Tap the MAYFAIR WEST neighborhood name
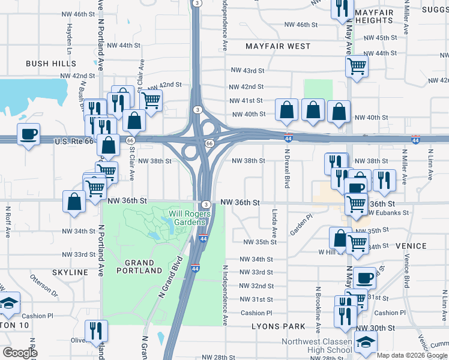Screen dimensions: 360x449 pyautogui.click(x=279, y=46)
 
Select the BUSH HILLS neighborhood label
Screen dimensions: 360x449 pyautogui.click(x=49, y=63)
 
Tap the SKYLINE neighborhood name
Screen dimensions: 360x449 pyautogui.click(x=70, y=272)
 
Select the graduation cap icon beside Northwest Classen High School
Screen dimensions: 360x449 pyautogui.click(x=365, y=342)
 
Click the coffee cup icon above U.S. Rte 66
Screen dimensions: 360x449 pyautogui.click(x=29, y=133)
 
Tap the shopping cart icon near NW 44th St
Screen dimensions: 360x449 pyautogui.click(x=357, y=65)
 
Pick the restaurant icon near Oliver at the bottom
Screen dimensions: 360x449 pyautogui.click(x=96, y=329)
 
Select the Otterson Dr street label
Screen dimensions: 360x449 pyautogui.click(x=44, y=287)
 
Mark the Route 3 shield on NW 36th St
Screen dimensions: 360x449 pyautogui.click(x=205, y=205)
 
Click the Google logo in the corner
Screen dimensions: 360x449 pyautogui.click(x=19, y=353)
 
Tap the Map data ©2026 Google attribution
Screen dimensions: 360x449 pyautogui.click(x=411, y=355)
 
